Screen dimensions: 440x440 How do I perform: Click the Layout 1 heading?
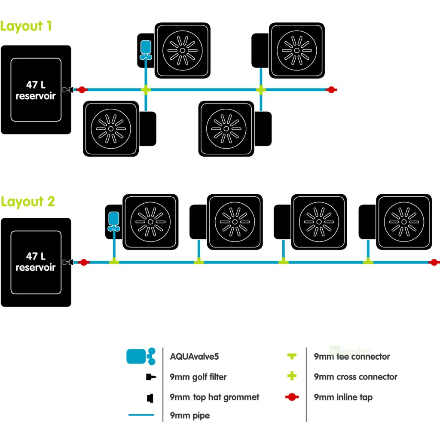(26, 26)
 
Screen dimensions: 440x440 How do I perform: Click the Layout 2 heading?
(27, 202)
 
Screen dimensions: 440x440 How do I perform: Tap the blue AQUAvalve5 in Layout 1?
(146, 50)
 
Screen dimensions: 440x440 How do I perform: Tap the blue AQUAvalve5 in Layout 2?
(113, 222)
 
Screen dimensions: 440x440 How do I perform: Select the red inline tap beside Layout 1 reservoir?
(82, 90)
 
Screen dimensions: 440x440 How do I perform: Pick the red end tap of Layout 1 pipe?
(331, 90)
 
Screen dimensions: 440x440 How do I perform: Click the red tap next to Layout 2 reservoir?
(84, 263)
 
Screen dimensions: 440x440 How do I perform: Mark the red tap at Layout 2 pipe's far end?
(434, 263)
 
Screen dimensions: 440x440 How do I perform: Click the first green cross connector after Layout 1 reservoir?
(146, 90)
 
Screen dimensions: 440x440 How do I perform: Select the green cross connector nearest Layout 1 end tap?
(261, 90)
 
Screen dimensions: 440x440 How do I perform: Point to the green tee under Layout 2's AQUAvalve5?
(114, 261)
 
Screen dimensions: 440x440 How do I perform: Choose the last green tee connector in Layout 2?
(368, 261)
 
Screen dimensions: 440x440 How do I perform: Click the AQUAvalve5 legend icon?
(141, 356)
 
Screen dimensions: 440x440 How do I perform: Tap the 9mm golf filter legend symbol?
(151, 377)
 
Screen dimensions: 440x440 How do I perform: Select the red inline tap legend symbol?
(292, 397)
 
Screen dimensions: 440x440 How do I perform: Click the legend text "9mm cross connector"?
(355, 377)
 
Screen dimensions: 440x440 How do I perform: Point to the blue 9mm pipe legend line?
(141, 415)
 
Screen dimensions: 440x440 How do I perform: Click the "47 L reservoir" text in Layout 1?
(36, 90)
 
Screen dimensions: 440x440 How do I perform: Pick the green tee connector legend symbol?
(292, 356)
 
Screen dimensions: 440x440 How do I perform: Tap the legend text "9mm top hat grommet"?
(214, 397)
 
